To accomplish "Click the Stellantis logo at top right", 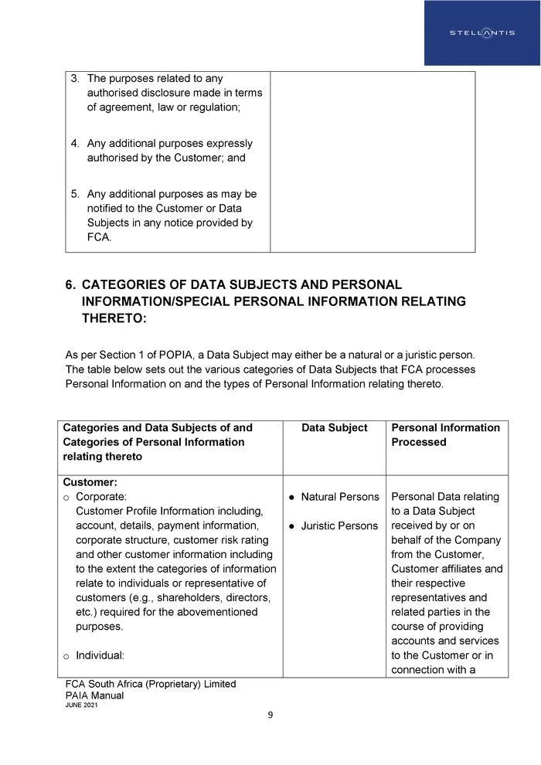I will [481, 32].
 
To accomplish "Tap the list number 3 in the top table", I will [75, 79].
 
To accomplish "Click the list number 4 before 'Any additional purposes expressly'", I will [75, 144].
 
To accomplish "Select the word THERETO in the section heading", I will [114, 318].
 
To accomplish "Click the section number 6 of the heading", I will [70, 284].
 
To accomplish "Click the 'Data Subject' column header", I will [334, 428].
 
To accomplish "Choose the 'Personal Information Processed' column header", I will [445, 435].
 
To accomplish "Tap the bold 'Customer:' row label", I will [90, 482].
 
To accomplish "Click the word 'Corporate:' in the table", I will [101, 497].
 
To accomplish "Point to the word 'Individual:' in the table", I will [100, 656].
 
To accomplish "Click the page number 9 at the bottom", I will [270, 715].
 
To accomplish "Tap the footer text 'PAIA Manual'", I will [94, 696].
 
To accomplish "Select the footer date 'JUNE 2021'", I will [81, 706].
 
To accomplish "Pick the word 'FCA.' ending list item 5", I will [99, 237].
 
